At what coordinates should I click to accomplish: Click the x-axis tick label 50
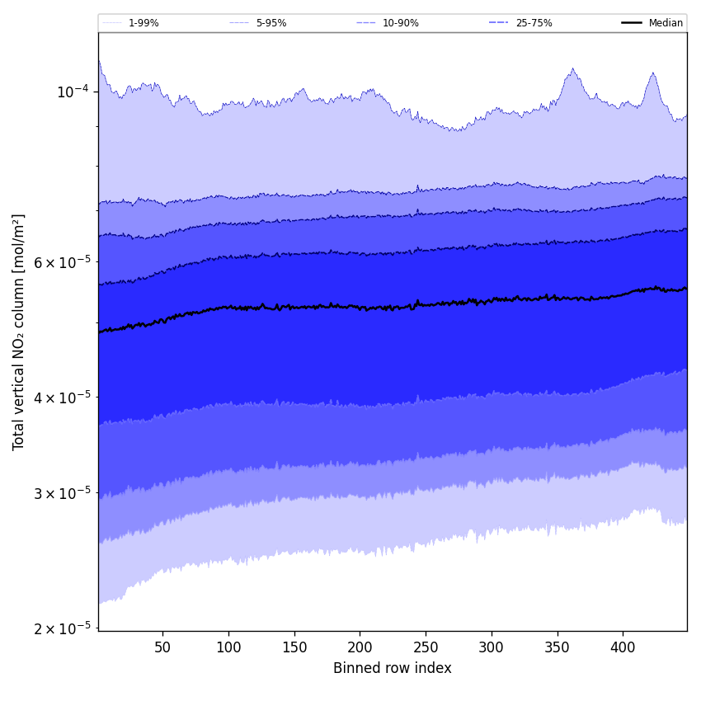pos(162,647)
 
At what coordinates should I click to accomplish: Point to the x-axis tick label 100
pos(228,647)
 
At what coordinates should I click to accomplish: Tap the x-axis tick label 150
pos(294,647)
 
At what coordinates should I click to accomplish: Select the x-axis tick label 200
pos(360,647)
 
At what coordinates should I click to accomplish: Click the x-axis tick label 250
pos(426,647)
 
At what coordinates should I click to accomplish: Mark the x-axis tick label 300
pos(492,647)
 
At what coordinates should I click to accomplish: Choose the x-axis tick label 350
pos(558,647)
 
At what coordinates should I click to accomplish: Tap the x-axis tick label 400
pos(623,647)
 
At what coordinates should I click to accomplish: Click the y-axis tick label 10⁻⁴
pos(73,92)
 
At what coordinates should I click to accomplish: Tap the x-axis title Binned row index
pos(393,668)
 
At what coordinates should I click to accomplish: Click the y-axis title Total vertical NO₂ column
pos(19,332)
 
